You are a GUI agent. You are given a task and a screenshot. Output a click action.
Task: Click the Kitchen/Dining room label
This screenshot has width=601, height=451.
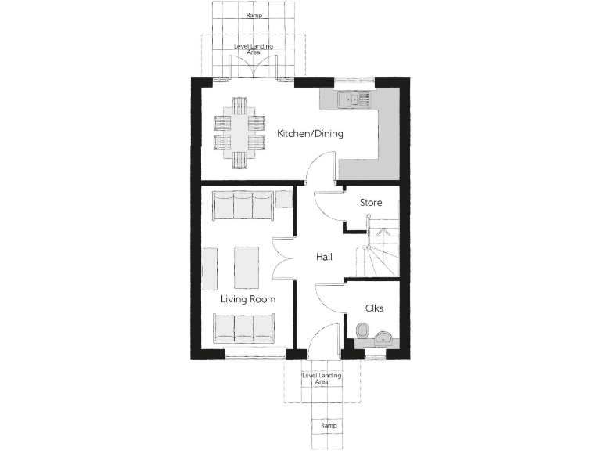[310, 134]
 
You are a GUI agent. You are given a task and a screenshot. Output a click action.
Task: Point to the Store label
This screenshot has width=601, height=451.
[371, 203]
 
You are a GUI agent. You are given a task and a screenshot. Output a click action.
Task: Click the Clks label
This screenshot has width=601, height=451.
[375, 308]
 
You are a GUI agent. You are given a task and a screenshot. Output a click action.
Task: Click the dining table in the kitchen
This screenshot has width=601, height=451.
[238, 132]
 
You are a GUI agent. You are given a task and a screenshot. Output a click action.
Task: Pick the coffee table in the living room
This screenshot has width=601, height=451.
[247, 266]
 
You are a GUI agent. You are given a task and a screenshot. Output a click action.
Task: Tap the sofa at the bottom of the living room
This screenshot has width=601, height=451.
[243, 327]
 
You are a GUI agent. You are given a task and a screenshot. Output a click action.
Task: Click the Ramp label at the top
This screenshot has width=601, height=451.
[253, 16]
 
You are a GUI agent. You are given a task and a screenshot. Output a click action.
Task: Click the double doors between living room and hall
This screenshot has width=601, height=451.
[282, 257]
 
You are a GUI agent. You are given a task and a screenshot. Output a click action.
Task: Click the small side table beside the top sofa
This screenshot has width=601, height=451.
[284, 199]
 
